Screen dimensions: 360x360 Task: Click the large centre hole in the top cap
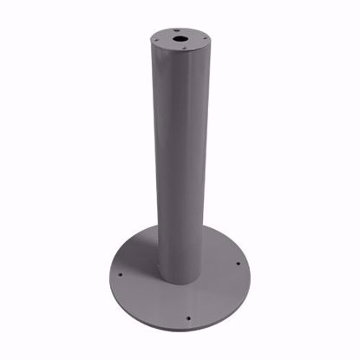coord(180,39)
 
